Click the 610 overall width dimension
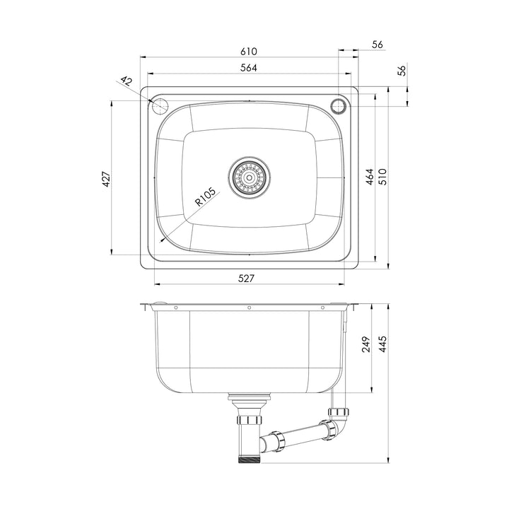point(247,51)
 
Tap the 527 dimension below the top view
point(245,278)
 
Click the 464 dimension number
point(369,177)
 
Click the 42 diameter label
point(127,82)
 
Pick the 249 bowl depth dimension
point(365,345)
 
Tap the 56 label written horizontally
point(377,44)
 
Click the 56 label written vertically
point(402,71)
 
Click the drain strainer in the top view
point(249,177)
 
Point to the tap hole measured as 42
point(160,106)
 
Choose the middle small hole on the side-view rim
point(249,307)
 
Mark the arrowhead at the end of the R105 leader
point(164,239)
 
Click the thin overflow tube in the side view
point(344,350)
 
